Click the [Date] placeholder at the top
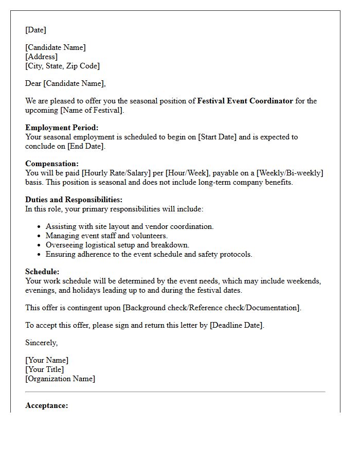pos(35,30)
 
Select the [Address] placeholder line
pos(41,57)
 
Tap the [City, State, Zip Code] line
pos(62,66)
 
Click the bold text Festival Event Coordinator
pos(245,101)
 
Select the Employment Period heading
pos(61,128)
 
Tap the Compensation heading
pos(52,164)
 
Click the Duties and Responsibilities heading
pos(74,200)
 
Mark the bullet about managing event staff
pos(106,236)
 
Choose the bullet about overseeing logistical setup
pos(117,245)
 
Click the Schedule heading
pos(42,272)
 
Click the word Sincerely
pos(41,343)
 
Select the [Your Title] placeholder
pos(45,369)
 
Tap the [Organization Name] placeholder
pos(60,379)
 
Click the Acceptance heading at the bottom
pos(46,405)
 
